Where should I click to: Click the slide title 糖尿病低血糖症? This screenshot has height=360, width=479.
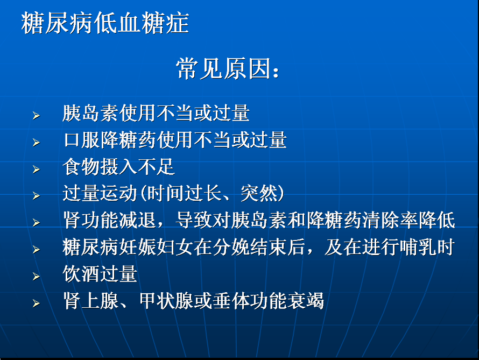[105, 23]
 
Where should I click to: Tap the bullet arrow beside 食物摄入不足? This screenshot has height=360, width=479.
[37, 169]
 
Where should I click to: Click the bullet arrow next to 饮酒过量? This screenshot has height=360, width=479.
[37, 277]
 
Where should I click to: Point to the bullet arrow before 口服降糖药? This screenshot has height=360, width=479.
[37, 142]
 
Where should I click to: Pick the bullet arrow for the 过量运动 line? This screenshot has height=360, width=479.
[37, 196]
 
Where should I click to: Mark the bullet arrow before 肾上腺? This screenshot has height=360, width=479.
[37, 303]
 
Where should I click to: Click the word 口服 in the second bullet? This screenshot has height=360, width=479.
[82, 140]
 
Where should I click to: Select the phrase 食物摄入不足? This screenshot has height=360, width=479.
[119, 167]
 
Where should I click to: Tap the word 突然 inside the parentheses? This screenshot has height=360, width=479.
[259, 193]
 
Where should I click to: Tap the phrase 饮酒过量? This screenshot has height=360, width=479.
[100, 273]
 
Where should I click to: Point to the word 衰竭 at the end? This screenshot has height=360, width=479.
[306, 301]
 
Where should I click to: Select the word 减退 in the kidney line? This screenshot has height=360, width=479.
[138, 220]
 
